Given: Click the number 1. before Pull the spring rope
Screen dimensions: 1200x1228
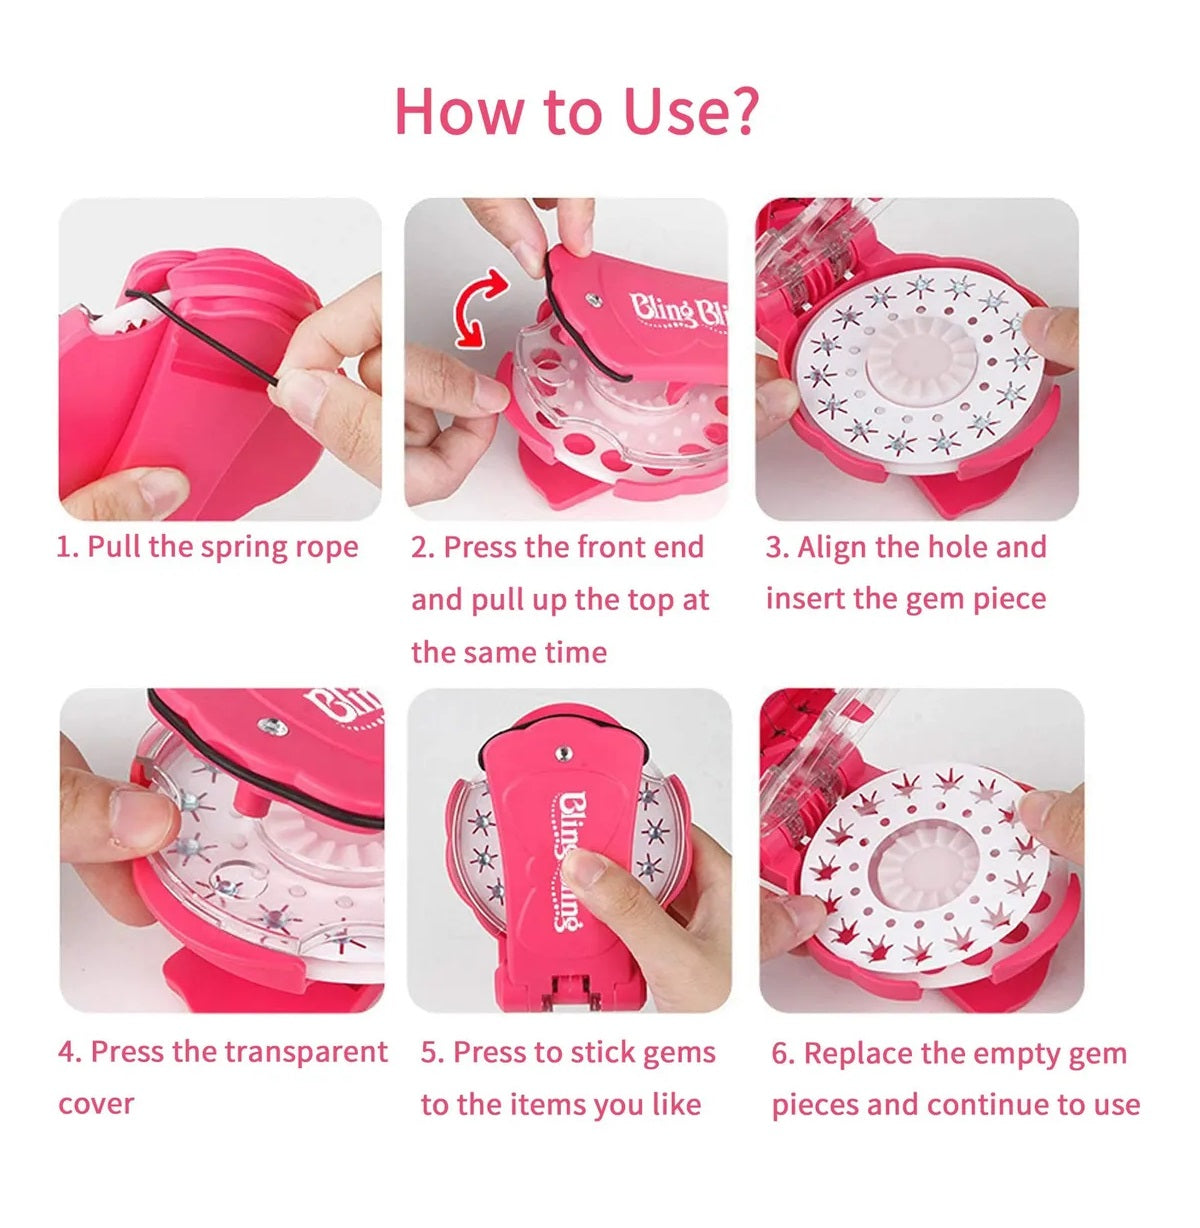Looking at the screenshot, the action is (x=68, y=546).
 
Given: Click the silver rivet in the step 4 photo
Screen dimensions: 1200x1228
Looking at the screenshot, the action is (x=273, y=727).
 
